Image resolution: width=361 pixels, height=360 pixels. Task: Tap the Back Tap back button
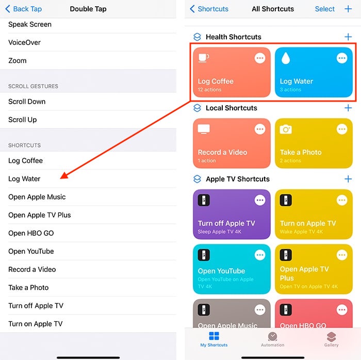(23, 9)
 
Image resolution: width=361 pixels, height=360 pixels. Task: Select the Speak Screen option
(30, 24)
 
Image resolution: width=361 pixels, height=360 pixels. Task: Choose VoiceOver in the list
(24, 42)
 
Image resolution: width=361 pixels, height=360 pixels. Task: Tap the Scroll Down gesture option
(27, 102)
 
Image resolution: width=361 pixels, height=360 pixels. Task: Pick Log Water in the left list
(24, 179)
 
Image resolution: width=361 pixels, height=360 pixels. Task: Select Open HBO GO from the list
(31, 233)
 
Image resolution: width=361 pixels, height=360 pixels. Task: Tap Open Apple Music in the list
(37, 197)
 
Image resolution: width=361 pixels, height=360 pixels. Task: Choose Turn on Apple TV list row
(35, 324)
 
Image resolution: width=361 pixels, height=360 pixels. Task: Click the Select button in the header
(325, 9)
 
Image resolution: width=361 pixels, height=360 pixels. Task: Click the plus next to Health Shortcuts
(348, 37)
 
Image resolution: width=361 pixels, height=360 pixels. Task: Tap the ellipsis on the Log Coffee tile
(260, 58)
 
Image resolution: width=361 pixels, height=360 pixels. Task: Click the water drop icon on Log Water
(285, 59)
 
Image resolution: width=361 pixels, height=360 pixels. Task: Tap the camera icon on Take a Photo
(286, 129)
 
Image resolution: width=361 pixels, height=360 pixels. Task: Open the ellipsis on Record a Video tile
(260, 129)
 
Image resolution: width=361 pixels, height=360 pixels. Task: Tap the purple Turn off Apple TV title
(226, 223)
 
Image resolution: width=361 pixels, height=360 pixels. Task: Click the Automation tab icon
(272, 337)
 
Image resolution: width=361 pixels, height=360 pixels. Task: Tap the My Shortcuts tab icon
(214, 337)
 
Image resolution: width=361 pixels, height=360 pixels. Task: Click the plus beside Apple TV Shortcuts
(348, 179)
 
